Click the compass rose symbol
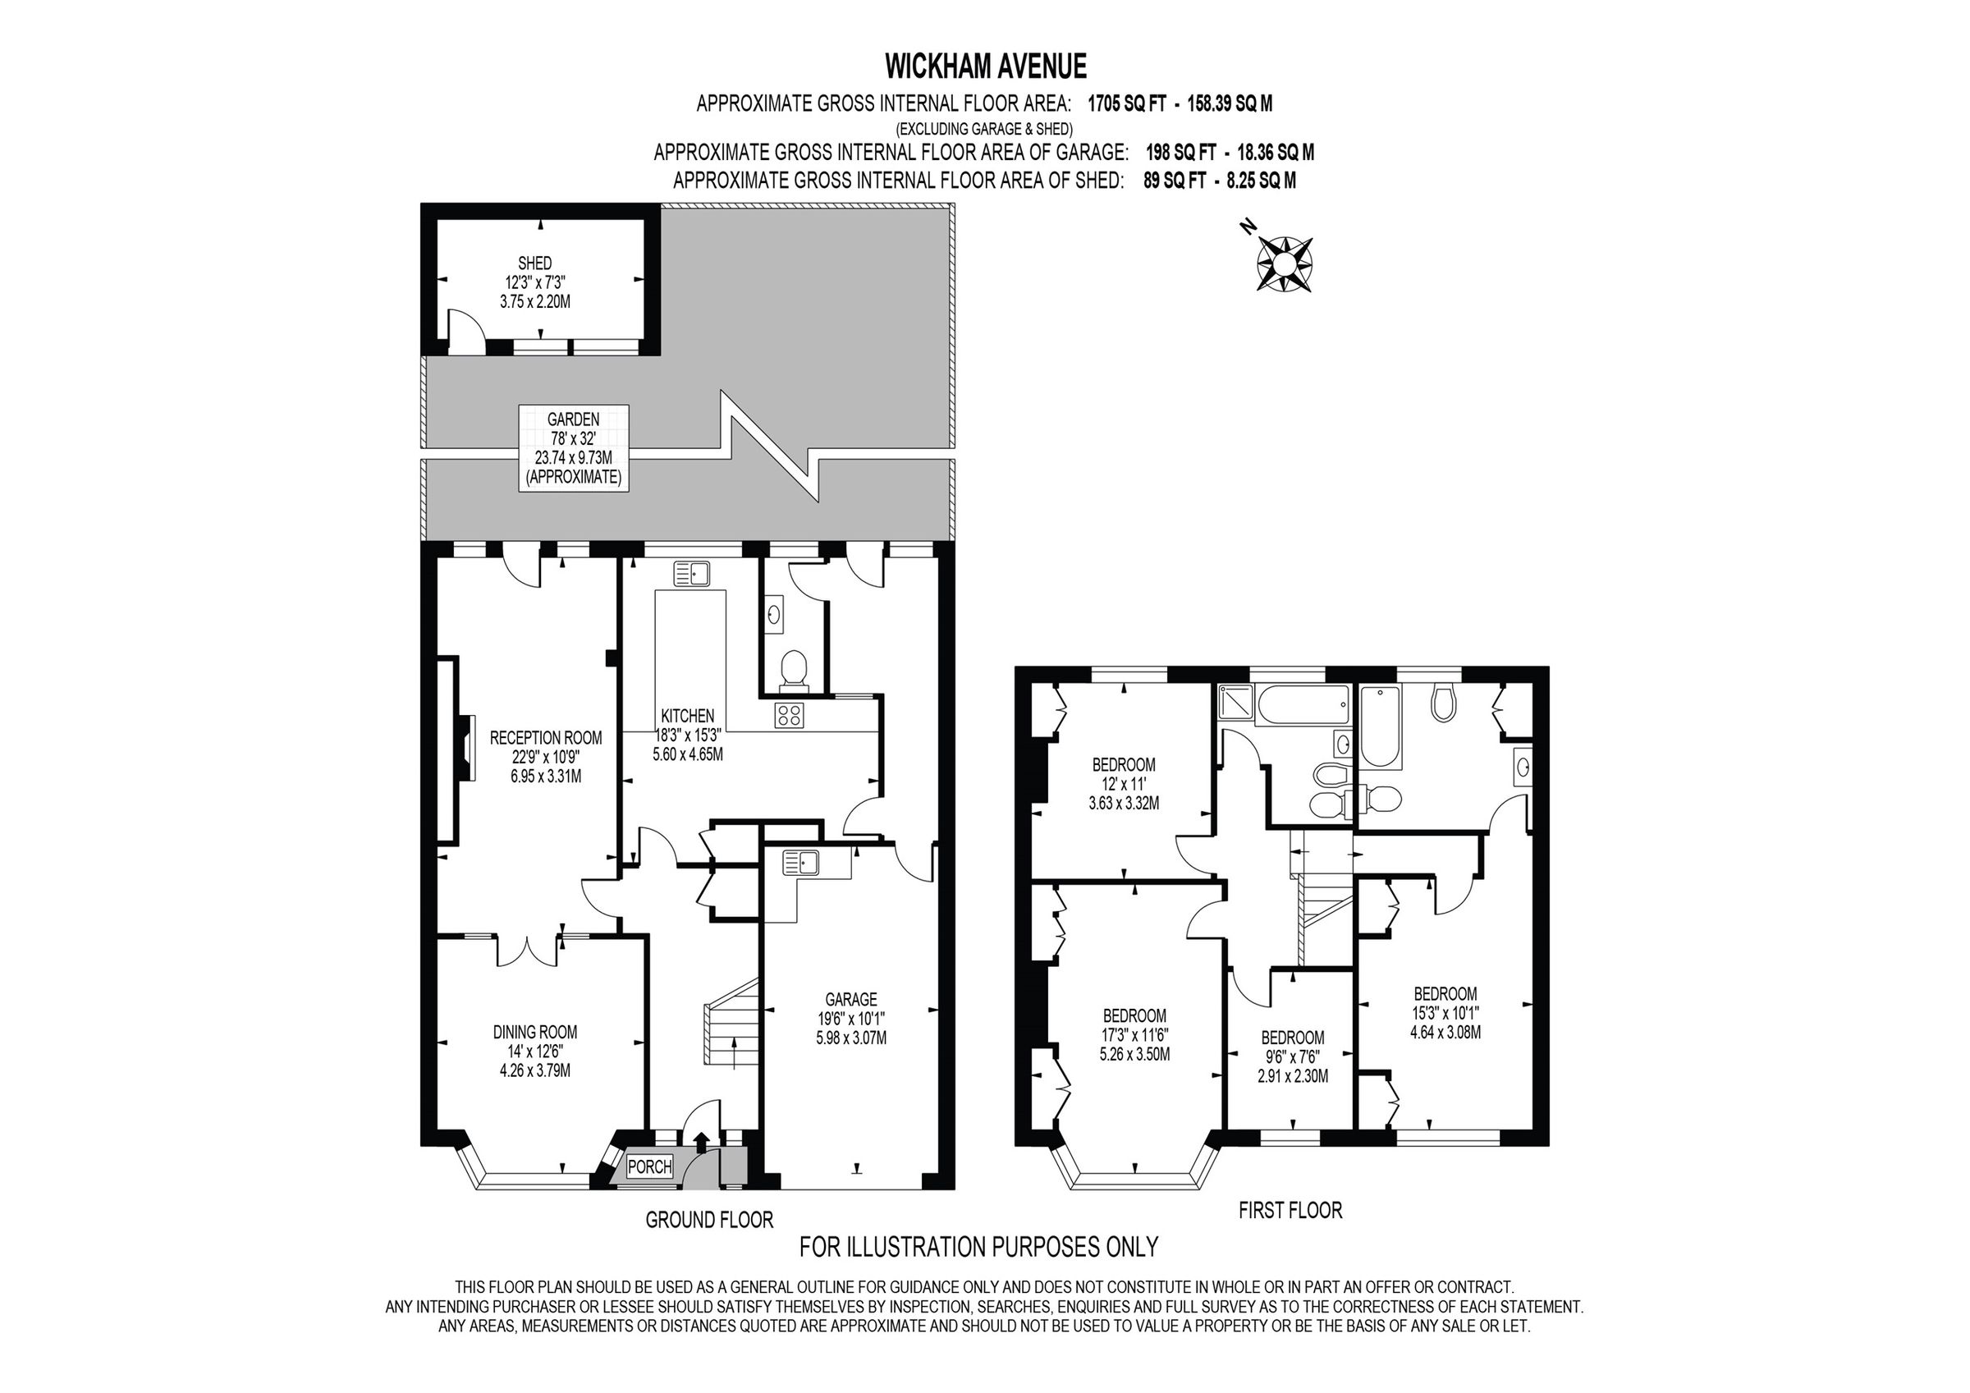[x=1285, y=263]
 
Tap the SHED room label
[x=534, y=263]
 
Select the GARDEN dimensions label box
[x=574, y=448]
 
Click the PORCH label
[x=649, y=1167]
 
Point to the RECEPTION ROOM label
[x=546, y=737]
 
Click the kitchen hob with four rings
[x=788, y=715]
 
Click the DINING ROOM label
[x=534, y=1032]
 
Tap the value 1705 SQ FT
[x=1126, y=104]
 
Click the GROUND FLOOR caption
[x=708, y=1220]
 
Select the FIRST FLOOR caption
[x=1290, y=1210]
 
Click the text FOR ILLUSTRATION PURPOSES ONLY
[x=978, y=1246]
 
